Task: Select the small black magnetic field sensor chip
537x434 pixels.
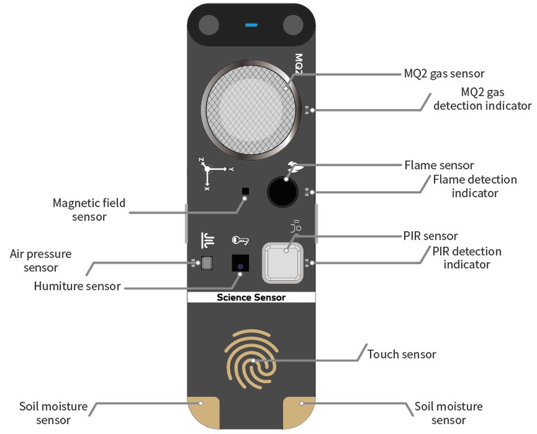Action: coord(246,191)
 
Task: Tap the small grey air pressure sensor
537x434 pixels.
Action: coord(207,263)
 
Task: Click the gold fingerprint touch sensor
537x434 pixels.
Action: coord(252,359)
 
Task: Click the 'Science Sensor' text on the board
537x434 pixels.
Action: coord(251,297)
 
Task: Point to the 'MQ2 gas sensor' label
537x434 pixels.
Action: coord(444,73)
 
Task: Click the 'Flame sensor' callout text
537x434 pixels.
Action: coord(439,165)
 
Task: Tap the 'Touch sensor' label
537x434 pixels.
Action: coord(402,354)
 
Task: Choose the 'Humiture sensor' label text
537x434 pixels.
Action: coord(77,286)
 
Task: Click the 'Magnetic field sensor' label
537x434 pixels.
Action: coord(89,209)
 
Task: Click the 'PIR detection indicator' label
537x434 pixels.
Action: coord(467,257)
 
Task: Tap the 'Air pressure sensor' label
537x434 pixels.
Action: coord(41,261)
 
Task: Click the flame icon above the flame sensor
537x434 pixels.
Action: coord(295,166)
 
